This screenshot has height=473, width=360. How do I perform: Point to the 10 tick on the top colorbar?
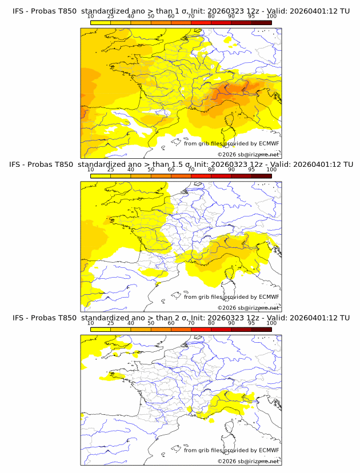[x=91, y=17]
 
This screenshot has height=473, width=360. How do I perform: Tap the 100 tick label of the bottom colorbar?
[x=271, y=323]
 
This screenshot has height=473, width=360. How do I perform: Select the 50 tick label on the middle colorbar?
[x=151, y=170]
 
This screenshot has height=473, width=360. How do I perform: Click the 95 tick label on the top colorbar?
[x=251, y=17]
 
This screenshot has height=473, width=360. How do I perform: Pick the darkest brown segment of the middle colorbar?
[x=261, y=175]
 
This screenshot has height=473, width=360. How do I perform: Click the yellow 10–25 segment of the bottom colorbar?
[x=101, y=328]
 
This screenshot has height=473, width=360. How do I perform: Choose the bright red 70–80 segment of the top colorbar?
[x=201, y=22]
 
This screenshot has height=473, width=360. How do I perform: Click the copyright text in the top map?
[x=248, y=154]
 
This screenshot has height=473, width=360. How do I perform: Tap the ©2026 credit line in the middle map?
[x=248, y=307]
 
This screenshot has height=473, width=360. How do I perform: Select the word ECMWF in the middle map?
[x=269, y=297]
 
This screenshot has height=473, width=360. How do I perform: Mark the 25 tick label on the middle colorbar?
[x=111, y=170]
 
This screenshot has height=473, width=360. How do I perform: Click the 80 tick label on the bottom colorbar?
[x=211, y=323]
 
